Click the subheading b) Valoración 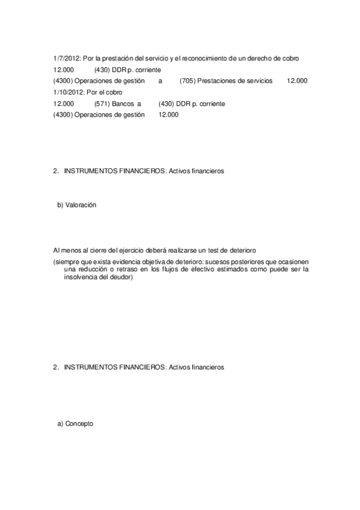click(x=76, y=205)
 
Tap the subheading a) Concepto click(x=75, y=423)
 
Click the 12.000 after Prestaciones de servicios click(x=297, y=81)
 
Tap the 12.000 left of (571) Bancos click(x=63, y=103)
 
